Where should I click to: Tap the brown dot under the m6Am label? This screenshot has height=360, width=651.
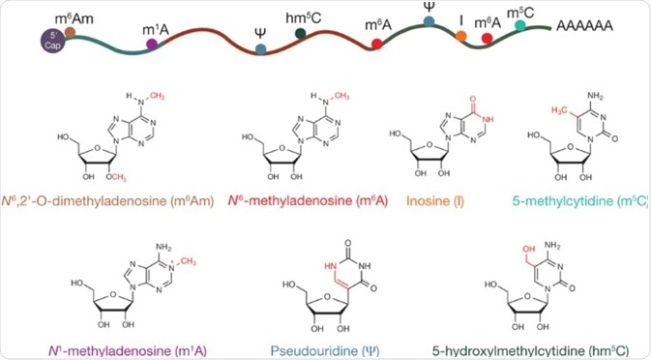71,32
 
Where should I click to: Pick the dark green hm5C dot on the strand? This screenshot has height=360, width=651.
302,34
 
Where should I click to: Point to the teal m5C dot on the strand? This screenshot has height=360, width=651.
521,24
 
